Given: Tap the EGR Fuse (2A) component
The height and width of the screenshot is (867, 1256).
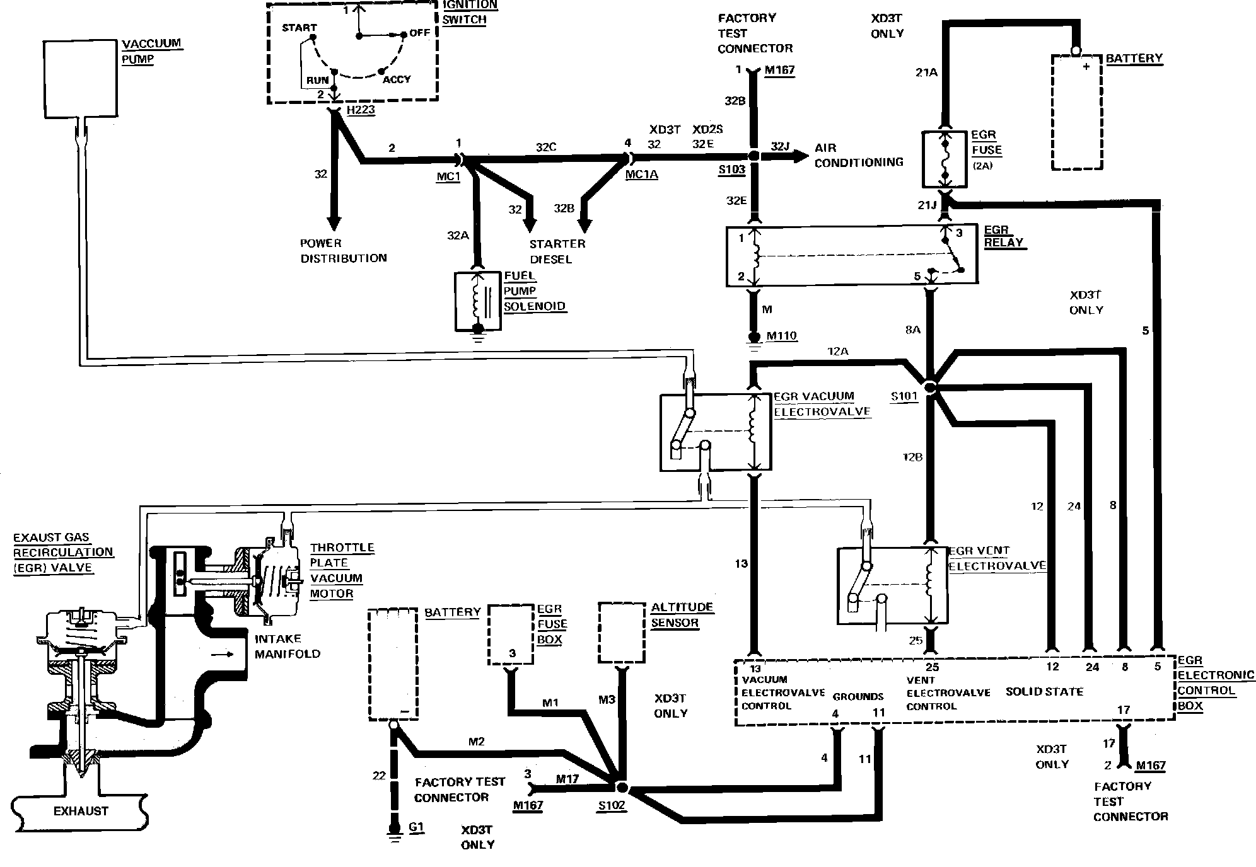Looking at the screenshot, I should (944, 159).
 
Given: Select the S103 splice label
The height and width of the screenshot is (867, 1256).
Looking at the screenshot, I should (732, 169).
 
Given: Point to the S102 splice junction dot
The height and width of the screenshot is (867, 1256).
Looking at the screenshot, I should (621, 787).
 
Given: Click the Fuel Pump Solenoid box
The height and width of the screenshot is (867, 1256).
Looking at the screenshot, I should (477, 301).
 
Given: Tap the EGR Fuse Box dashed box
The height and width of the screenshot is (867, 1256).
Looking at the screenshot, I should (511, 634).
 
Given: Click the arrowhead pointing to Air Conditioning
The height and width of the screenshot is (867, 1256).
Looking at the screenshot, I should (801, 156).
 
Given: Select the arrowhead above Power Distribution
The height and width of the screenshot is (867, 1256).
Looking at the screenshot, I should (334, 222).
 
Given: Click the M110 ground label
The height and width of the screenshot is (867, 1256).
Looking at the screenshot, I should (781, 336).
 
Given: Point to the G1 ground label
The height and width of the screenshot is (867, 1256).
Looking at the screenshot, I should (416, 828).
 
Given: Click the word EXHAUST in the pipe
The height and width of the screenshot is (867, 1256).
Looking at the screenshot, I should (81, 811).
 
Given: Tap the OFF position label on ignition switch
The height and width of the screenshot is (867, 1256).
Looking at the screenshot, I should (420, 33).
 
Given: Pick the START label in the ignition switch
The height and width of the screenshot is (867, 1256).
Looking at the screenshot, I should (299, 28).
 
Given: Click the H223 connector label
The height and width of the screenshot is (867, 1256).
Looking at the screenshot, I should (361, 110).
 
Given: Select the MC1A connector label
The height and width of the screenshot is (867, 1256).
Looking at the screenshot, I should (641, 175).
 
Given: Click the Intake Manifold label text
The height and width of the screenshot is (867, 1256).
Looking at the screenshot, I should (287, 646).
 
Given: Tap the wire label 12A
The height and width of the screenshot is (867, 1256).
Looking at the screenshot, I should (837, 352).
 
